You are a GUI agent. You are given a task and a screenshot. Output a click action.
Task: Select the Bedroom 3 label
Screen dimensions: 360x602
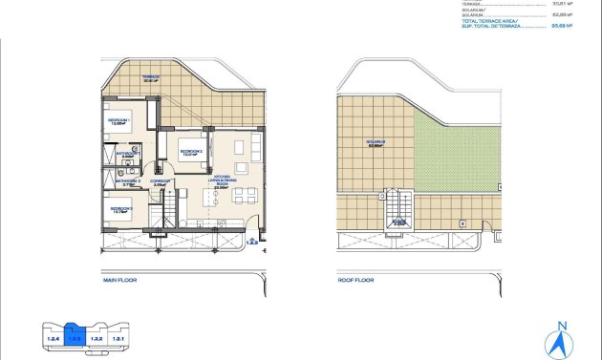[x=120, y=209]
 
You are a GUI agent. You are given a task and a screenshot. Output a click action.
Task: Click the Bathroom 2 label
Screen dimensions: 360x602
[x=128, y=181]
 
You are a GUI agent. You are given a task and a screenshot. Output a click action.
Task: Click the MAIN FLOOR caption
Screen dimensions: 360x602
[x=121, y=281]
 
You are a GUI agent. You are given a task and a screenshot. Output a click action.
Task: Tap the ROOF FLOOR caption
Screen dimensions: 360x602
[x=356, y=281]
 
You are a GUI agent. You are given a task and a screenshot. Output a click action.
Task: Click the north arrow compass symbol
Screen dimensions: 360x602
[x=562, y=338]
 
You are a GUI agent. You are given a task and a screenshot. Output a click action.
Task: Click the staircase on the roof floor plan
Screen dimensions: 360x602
[x=397, y=210]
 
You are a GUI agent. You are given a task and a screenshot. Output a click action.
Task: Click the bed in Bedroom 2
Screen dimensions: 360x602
[x=191, y=143]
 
